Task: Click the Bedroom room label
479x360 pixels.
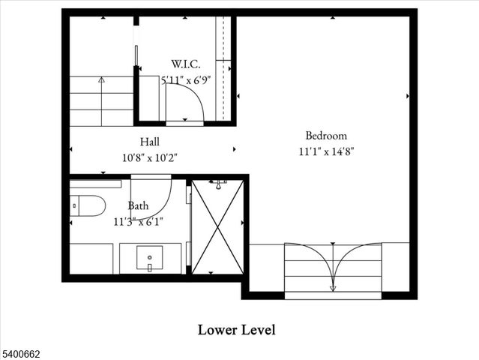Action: (x=326, y=136)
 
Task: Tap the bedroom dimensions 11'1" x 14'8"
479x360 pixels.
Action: (x=326, y=151)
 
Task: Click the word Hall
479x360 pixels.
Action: (x=149, y=142)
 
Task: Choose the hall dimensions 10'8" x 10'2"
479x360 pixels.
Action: (x=149, y=157)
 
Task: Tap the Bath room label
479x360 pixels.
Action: (x=138, y=205)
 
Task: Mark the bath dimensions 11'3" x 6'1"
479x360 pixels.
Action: (x=138, y=221)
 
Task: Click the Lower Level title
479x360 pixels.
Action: (x=237, y=329)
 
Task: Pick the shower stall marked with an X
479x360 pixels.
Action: (x=217, y=227)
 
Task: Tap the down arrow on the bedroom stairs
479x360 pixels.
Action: (x=333, y=287)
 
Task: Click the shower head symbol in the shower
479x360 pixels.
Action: (x=220, y=182)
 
